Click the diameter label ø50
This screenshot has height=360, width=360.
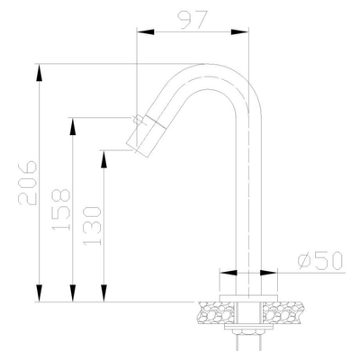[x=319, y=261]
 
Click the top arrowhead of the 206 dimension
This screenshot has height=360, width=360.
[x=40, y=72]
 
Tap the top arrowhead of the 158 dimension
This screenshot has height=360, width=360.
[x=72, y=125]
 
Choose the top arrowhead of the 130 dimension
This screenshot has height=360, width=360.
[x=104, y=156]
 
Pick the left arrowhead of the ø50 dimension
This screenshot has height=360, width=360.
[x=225, y=271]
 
